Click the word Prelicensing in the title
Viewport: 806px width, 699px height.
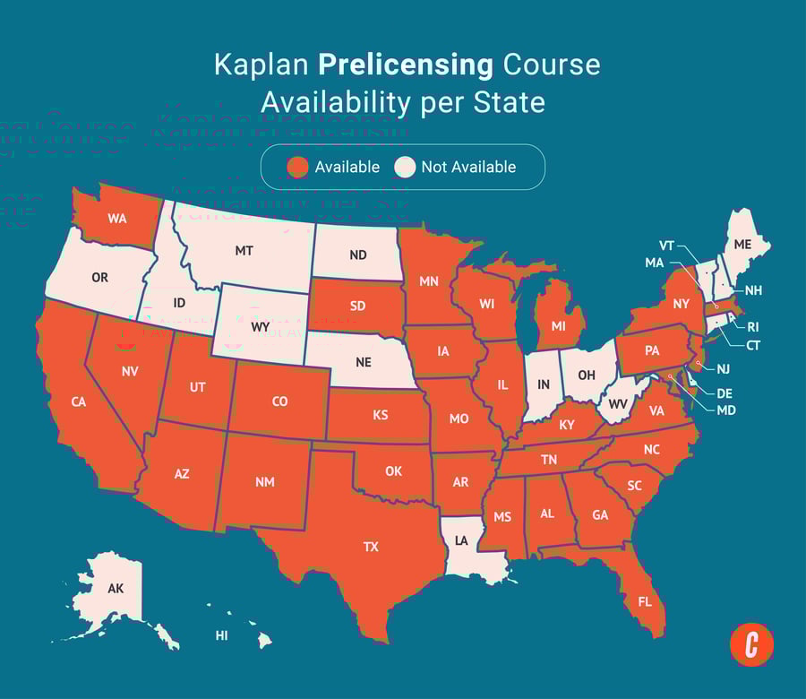(405, 65)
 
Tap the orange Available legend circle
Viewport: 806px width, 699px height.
(298, 167)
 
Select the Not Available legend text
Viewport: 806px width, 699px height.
(468, 167)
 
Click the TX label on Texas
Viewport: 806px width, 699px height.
(371, 547)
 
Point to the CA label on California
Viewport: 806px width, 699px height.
(79, 402)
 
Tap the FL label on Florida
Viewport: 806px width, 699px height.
(644, 601)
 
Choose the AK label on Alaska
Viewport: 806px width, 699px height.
(116, 589)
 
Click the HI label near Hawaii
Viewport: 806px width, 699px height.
(221, 635)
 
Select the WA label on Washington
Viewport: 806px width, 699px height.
(116, 219)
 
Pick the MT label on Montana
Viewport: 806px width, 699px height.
(244, 251)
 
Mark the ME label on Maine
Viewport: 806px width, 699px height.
(743, 243)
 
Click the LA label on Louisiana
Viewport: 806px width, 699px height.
(461, 541)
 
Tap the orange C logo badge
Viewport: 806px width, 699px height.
(751, 644)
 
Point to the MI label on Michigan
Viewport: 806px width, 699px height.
(559, 326)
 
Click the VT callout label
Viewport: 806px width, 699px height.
(667, 245)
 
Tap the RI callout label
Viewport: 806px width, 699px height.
(752, 327)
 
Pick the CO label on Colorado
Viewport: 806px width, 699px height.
(279, 401)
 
